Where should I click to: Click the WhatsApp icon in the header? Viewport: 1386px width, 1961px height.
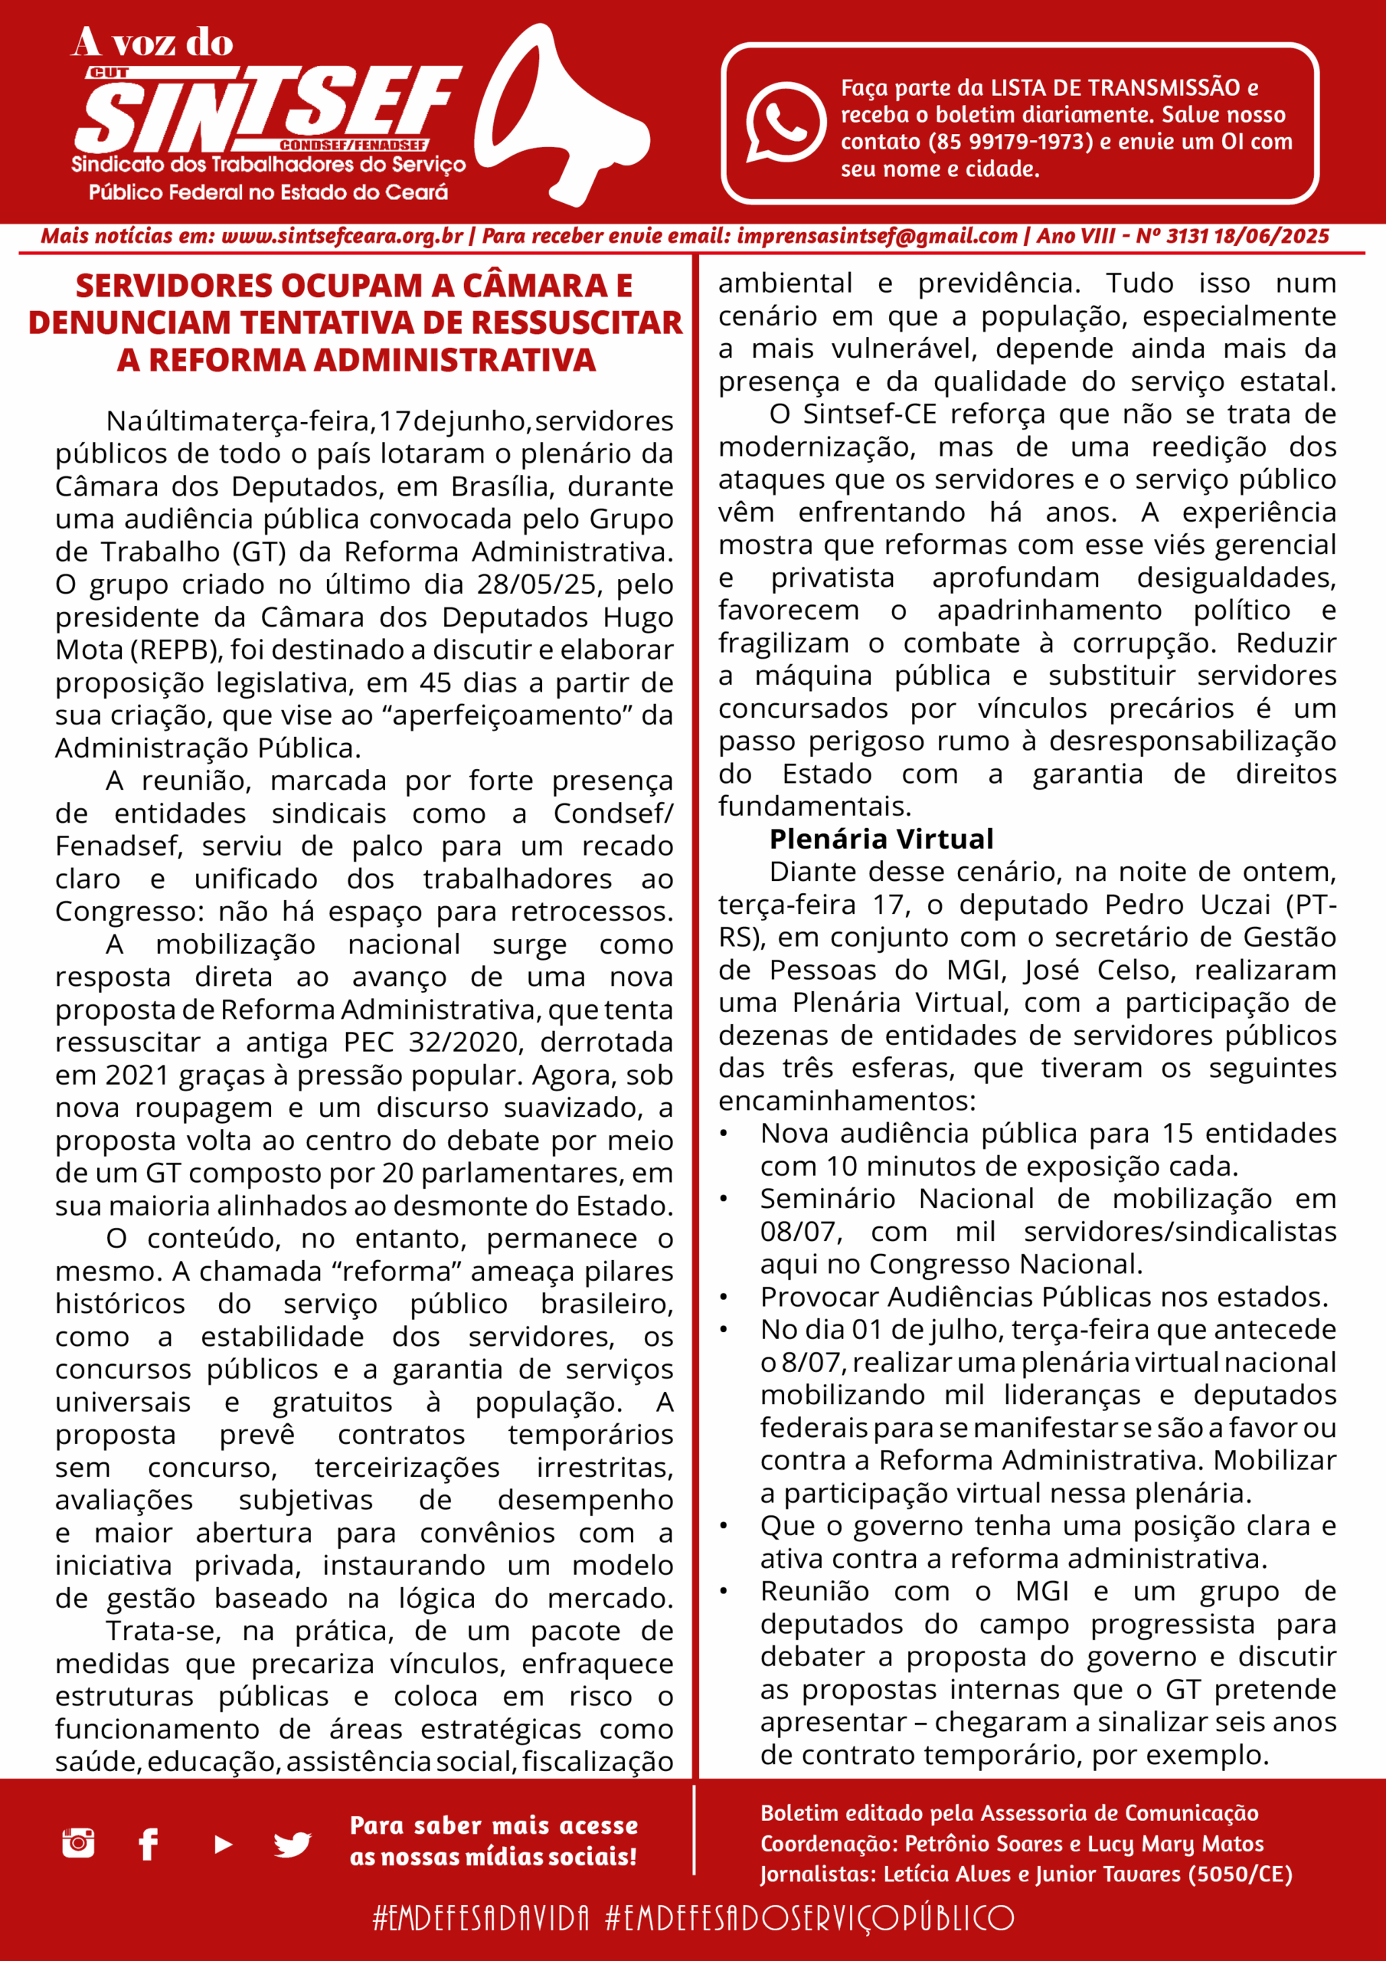coord(785,122)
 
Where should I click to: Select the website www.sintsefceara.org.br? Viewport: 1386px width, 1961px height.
coord(342,237)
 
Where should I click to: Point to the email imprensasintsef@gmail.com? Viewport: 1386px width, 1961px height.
coord(877,237)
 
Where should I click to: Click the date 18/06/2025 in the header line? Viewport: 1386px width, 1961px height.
coord(1270,237)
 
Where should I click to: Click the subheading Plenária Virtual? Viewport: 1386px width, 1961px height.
coord(881,839)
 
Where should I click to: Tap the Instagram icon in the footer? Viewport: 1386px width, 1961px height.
coord(79,1843)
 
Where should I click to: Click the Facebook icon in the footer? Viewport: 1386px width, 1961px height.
coord(149,1844)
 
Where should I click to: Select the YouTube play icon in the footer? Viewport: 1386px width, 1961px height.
coord(223,1844)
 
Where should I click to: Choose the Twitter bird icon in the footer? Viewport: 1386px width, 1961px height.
coord(292,1845)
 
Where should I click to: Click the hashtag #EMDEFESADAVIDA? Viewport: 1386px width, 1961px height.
coord(481,1917)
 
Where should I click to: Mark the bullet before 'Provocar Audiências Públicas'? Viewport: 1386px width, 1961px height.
coord(724,1298)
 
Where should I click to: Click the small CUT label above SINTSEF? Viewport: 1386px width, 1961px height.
coord(109,74)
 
